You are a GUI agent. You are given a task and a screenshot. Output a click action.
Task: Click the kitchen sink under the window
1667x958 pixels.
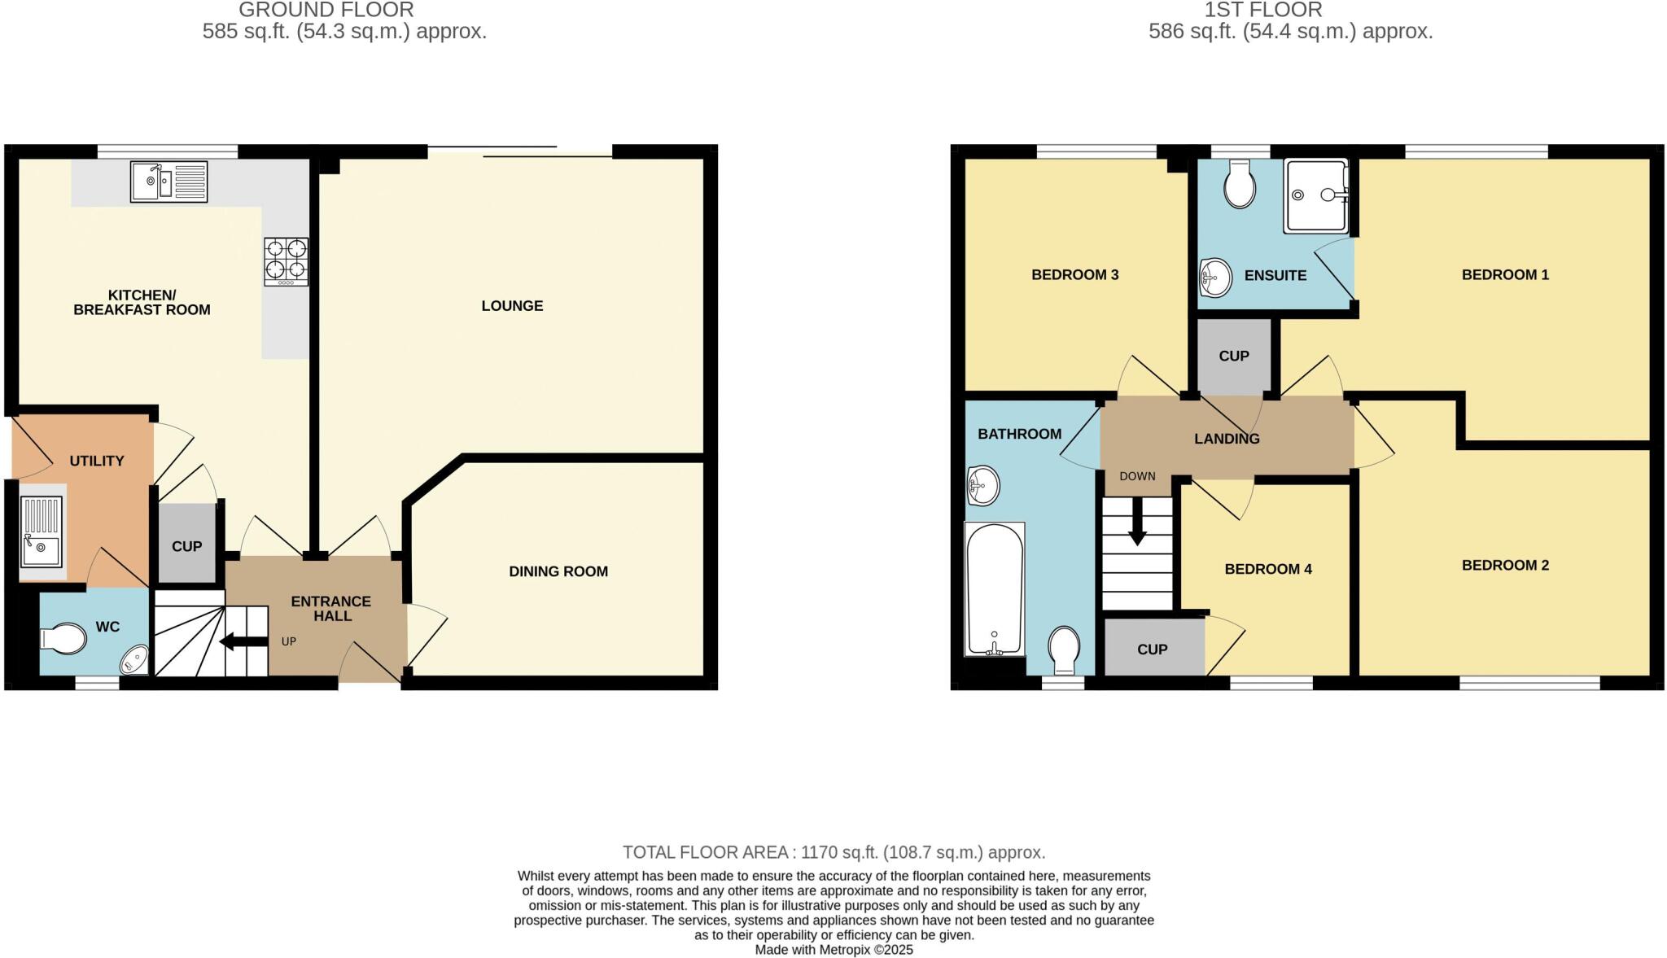click(168, 182)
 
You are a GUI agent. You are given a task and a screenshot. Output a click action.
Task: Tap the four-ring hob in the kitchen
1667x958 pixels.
click(286, 261)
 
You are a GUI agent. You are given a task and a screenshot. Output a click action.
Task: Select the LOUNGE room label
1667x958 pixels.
click(512, 306)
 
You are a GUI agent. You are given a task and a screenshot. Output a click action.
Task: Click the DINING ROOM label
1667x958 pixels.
click(558, 571)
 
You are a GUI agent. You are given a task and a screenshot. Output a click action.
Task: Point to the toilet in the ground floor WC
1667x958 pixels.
click(63, 639)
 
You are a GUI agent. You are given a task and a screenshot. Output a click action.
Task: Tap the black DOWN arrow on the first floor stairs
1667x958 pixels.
click(1137, 521)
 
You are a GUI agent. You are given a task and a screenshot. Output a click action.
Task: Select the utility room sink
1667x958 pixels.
click(41, 531)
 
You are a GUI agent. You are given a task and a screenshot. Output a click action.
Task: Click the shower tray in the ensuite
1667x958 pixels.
click(1315, 196)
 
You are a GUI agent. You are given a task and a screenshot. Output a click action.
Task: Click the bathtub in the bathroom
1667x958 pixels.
click(994, 589)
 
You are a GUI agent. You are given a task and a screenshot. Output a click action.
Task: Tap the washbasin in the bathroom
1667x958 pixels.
click(982, 487)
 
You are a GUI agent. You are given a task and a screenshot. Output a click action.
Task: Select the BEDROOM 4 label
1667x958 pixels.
click(1268, 569)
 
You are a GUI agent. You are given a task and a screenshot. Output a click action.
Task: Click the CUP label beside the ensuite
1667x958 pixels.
click(1234, 357)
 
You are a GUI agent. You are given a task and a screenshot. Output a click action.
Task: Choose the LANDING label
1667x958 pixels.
click(1227, 439)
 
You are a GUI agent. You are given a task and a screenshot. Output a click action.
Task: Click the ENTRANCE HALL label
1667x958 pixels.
click(331, 608)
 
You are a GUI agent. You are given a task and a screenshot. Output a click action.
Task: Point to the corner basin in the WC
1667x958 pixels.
click(136, 660)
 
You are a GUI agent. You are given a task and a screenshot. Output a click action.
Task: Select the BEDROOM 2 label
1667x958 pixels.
click(1505, 565)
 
